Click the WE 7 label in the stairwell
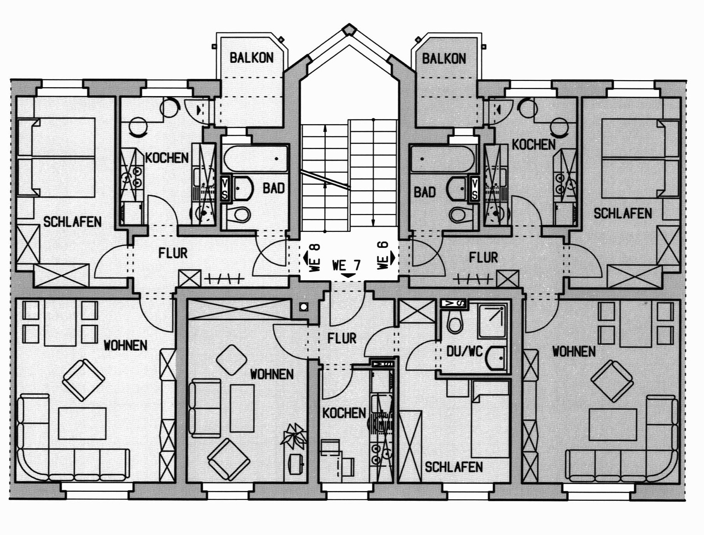coord(347,265)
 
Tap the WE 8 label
coord(315,257)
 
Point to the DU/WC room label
coord(464,351)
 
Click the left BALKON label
coord(251,58)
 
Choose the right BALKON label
coord(444,59)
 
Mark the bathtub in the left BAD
coord(256,159)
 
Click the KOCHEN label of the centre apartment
coord(344,413)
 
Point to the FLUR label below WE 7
coord(342,338)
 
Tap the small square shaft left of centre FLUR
coord(304,307)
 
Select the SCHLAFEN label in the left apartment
coord(72,222)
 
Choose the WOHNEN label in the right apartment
coord(574,352)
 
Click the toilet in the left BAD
coord(238,214)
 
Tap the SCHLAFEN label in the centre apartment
coord(454,467)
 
